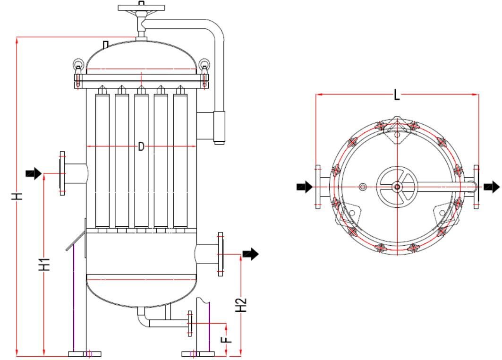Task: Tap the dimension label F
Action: (227, 338)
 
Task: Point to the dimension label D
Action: (141, 147)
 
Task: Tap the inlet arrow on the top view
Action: (304, 187)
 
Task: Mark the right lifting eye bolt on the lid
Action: (204, 64)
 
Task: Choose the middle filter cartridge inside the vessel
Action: (141, 161)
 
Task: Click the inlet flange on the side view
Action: (61, 173)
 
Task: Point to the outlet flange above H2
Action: (220, 254)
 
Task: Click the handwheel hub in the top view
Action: (397, 187)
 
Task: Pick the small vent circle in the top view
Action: (363, 187)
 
